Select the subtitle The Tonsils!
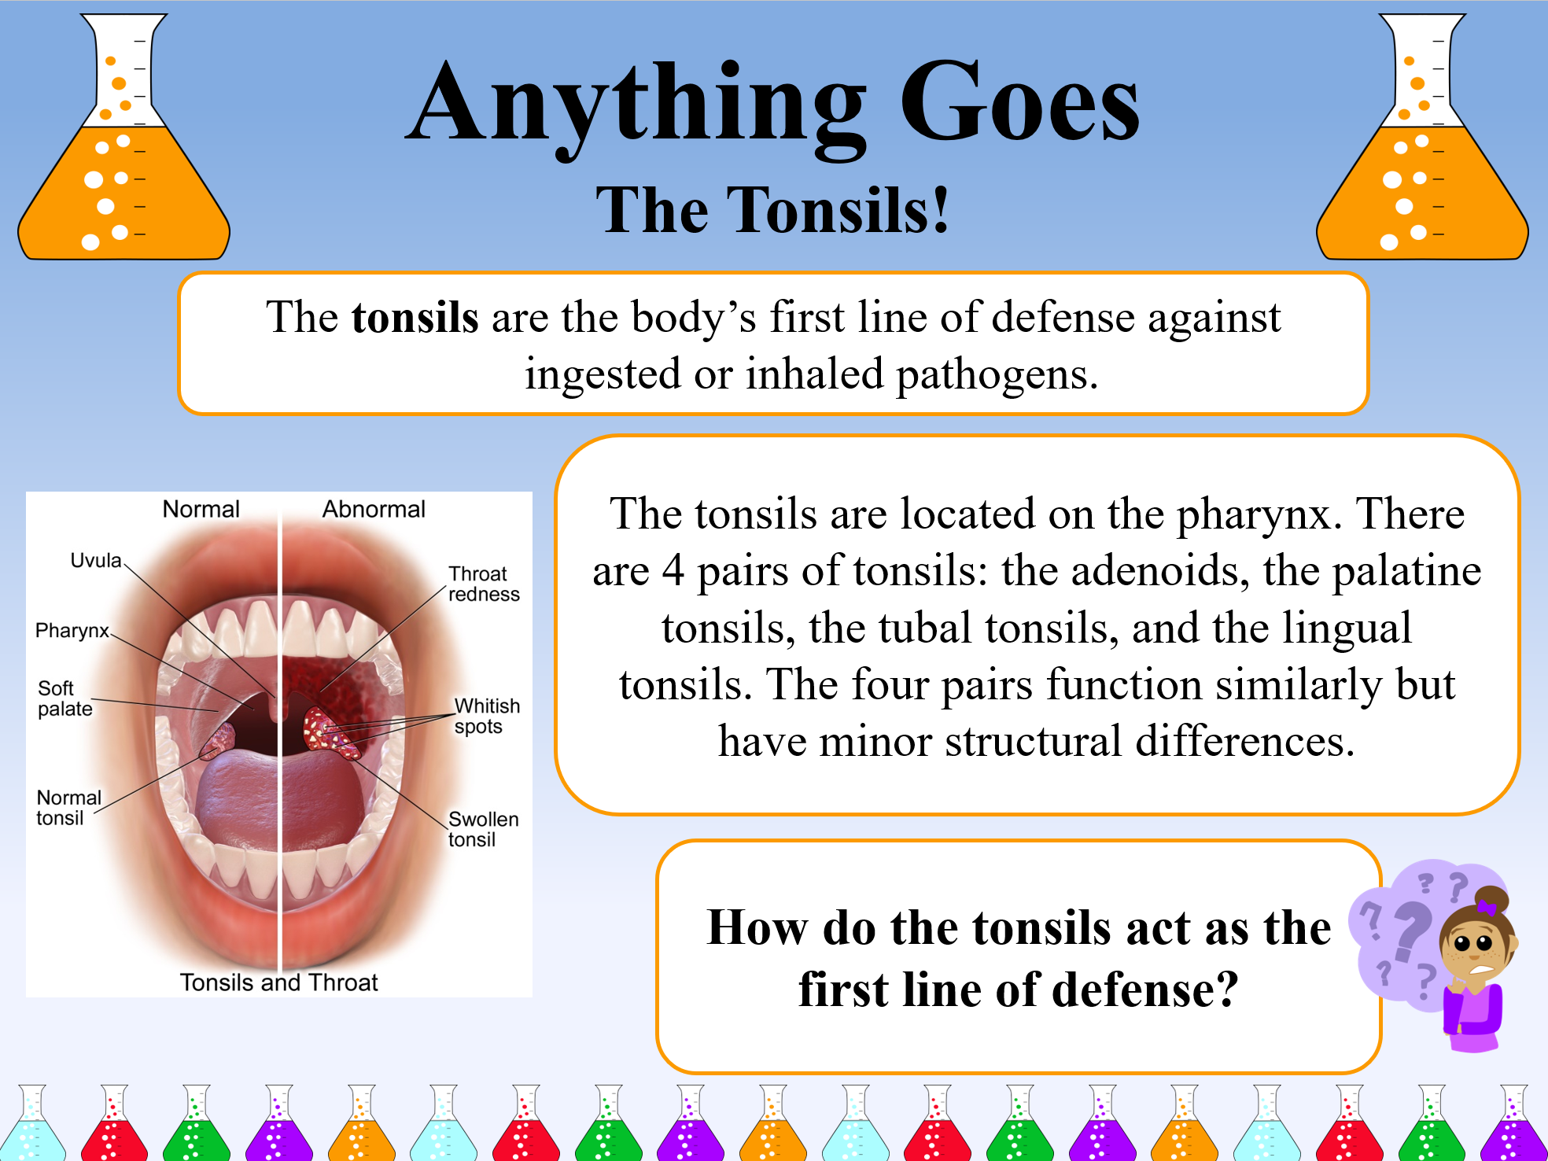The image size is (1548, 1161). coord(773,211)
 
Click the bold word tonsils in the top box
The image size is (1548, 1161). coord(415,319)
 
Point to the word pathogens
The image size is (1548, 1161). coord(997,374)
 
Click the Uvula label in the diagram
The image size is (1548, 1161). coord(96,561)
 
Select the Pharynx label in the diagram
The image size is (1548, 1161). coord(72,631)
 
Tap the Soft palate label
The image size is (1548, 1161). coord(64,698)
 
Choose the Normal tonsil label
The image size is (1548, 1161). coord(68,808)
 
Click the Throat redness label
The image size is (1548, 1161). coord(483,584)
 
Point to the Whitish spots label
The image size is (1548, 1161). coord(486,716)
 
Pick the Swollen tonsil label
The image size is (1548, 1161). coord(482,829)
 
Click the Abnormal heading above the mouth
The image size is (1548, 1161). coord(374,510)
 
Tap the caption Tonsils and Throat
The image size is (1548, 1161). coord(278,982)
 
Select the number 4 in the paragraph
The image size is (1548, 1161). coord(673,571)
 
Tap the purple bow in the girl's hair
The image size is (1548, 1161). coord(1486,907)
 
